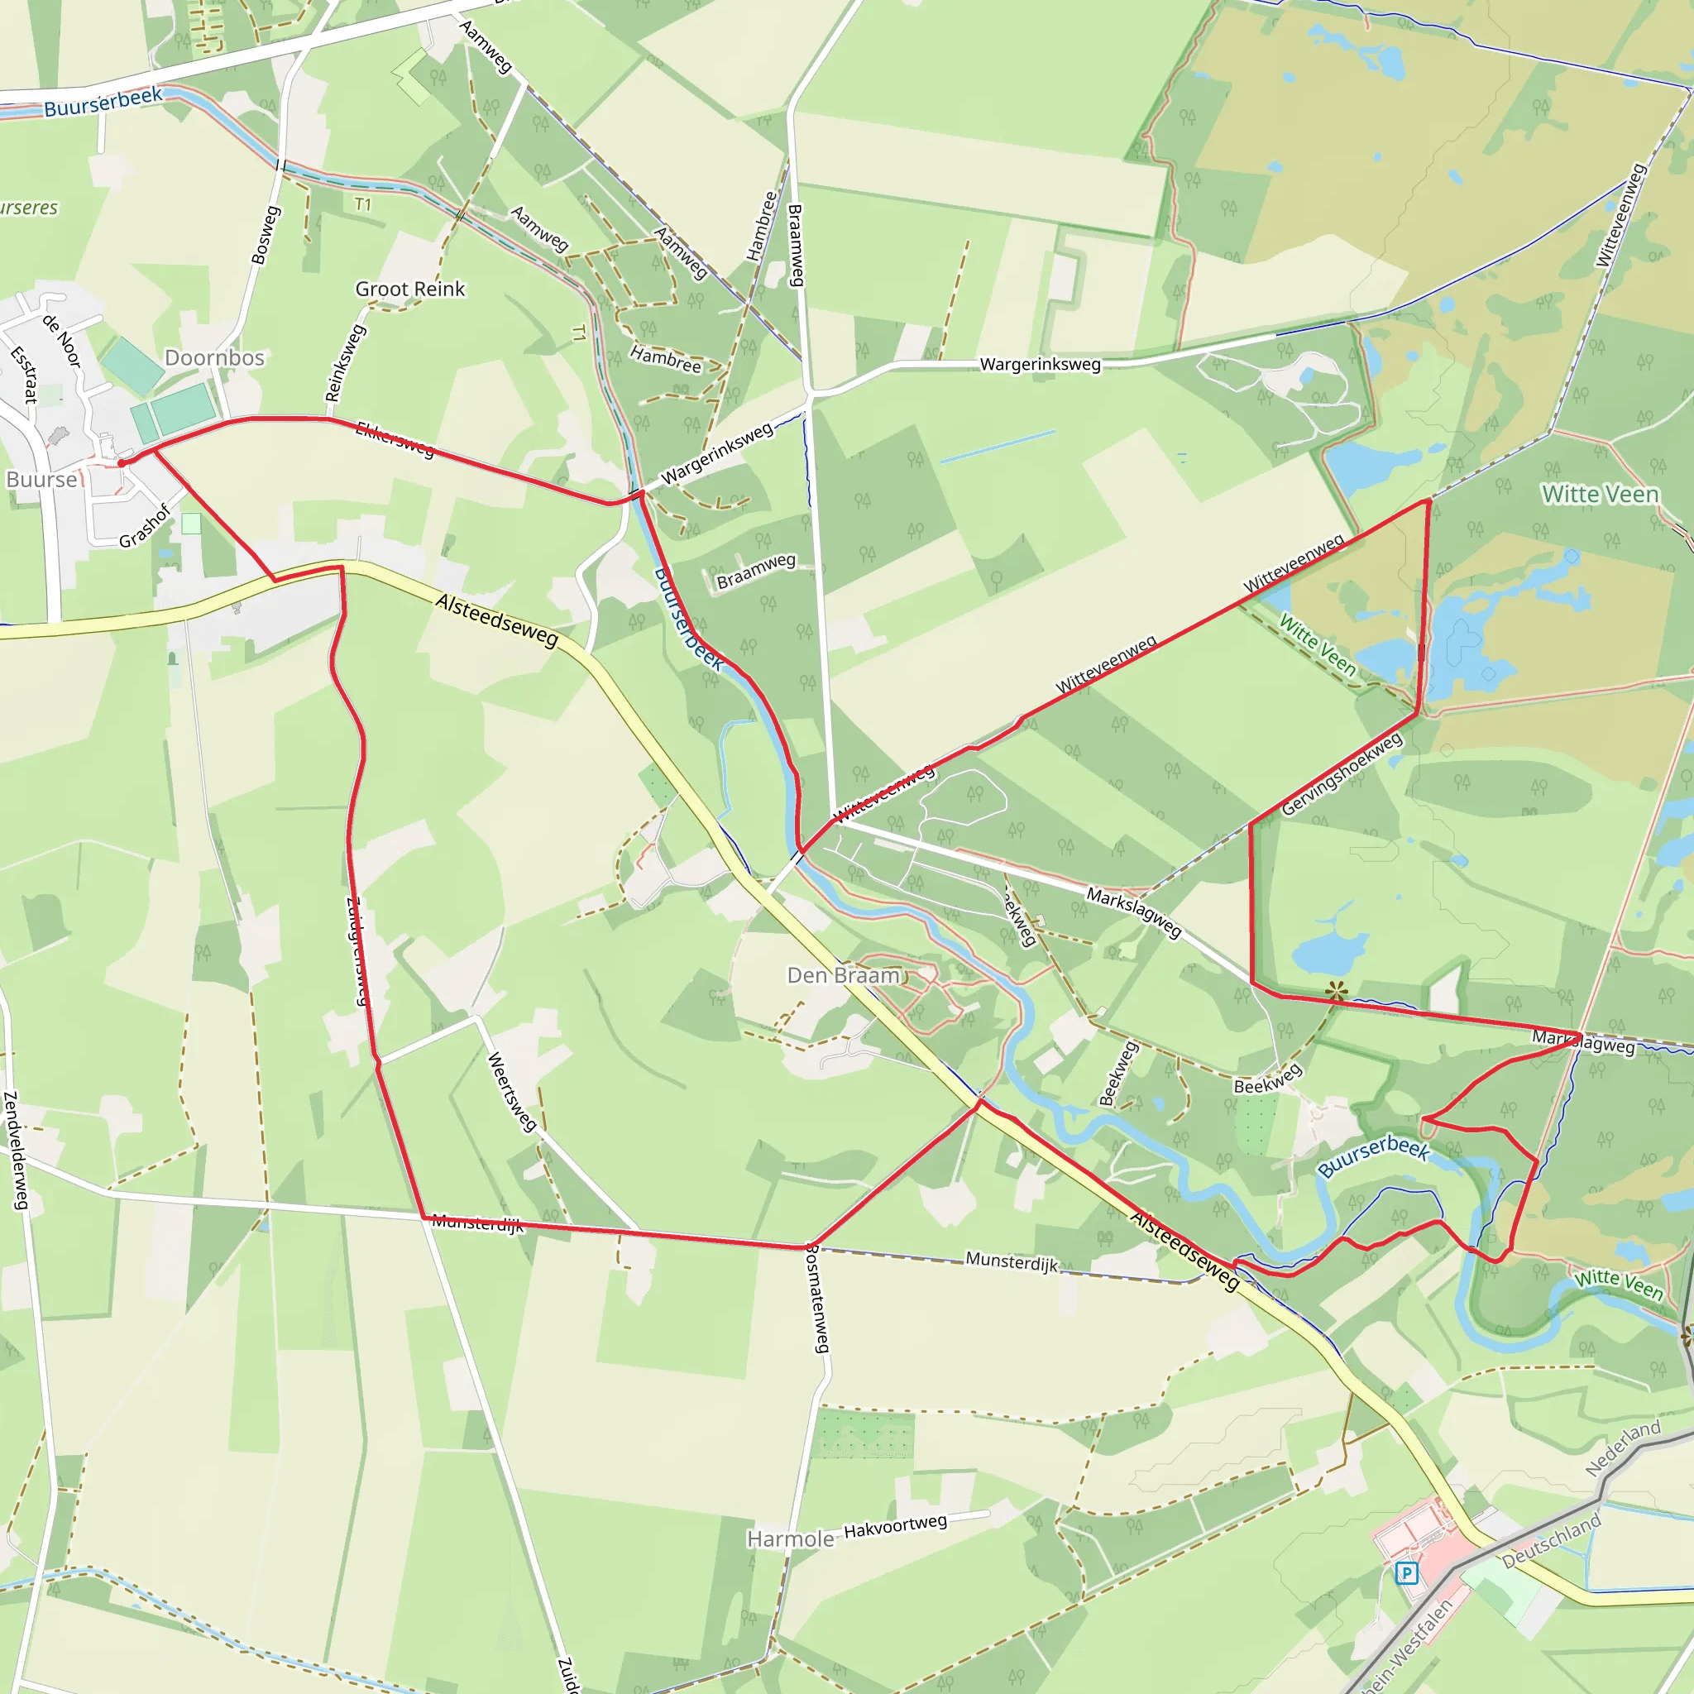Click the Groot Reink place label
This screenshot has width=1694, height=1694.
point(409,290)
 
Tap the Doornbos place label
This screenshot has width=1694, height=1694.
point(215,357)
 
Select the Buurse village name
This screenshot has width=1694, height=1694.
point(41,480)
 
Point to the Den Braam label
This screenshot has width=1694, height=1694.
point(844,975)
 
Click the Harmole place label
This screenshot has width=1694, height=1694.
point(790,1539)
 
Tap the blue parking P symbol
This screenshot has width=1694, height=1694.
point(1406,1573)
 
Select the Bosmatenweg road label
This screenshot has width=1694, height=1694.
point(817,1299)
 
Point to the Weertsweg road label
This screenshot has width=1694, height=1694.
point(511,1092)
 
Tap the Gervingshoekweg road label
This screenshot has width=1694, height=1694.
point(1342,774)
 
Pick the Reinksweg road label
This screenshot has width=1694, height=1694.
point(345,363)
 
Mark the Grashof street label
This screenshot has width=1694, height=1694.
point(145,526)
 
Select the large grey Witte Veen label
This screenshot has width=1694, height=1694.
point(1601,495)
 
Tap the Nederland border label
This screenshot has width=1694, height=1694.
point(1623,1448)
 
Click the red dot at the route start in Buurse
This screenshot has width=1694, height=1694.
point(122,462)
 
